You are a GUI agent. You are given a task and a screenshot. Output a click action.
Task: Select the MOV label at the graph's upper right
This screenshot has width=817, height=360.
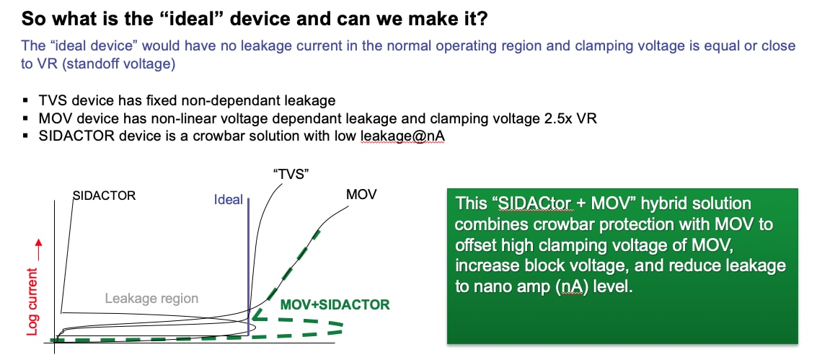pyautogui.click(x=361, y=196)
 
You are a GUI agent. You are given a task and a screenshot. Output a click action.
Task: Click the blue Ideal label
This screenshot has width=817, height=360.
pyautogui.click(x=229, y=200)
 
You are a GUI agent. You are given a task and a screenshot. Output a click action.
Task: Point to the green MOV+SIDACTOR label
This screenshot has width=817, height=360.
pyautogui.click(x=335, y=304)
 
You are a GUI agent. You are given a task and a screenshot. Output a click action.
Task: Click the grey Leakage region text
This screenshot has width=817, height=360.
pyautogui.click(x=151, y=298)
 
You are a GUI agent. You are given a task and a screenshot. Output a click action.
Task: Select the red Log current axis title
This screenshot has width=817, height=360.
pyautogui.click(x=32, y=301)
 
